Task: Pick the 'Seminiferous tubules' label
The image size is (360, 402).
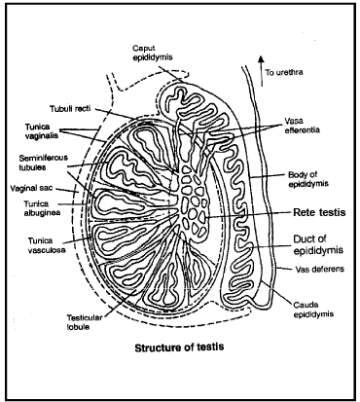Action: coord(42,163)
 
